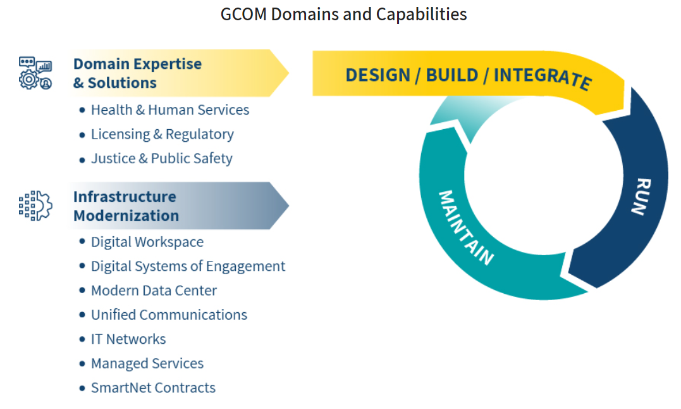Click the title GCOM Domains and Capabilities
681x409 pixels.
(343, 14)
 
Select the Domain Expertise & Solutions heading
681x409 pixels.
(137, 73)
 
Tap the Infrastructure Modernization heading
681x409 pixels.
(126, 206)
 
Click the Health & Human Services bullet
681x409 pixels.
(169, 110)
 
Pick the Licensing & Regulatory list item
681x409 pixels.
(162, 134)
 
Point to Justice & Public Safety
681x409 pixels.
(161, 158)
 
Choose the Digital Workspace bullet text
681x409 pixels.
(147, 242)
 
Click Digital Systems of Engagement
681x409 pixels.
(188, 267)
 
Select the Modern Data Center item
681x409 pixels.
(154, 291)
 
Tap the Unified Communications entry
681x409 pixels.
(169, 315)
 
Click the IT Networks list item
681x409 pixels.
(128, 339)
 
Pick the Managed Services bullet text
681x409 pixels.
(147, 363)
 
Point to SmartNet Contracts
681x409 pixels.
(153, 387)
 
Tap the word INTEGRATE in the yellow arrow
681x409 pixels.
(542, 77)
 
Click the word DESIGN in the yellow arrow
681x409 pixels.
(377, 75)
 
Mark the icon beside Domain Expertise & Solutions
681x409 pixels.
(35, 73)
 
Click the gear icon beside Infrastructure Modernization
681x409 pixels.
(35, 206)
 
